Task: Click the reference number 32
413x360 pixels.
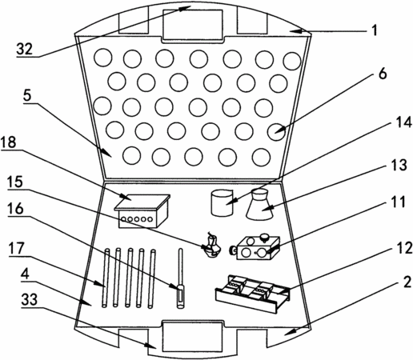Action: pyautogui.click(x=24, y=49)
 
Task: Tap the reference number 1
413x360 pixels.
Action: pyautogui.click(x=375, y=30)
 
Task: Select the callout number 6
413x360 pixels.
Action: pyautogui.click(x=383, y=74)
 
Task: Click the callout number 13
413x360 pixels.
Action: pyautogui.click(x=399, y=165)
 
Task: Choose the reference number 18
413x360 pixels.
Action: pyautogui.click(x=8, y=142)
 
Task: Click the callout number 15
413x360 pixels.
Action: pyautogui.click(x=15, y=182)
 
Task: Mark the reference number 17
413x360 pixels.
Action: pyautogui.click(x=16, y=249)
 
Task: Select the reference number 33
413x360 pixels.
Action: pyautogui.click(x=30, y=299)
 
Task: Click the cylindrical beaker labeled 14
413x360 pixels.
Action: pyautogui.click(x=222, y=202)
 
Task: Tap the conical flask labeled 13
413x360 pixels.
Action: pyautogui.click(x=260, y=205)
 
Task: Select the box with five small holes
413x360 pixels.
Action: pyautogui.click(x=142, y=211)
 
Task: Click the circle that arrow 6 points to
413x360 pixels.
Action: pyautogui.click(x=276, y=132)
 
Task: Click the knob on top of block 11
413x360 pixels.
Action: pyautogui.click(x=265, y=237)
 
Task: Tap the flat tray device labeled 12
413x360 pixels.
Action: pyautogui.click(x=252, y=294)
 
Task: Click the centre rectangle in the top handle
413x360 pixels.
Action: pyautogui.click(x=193, y=25)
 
